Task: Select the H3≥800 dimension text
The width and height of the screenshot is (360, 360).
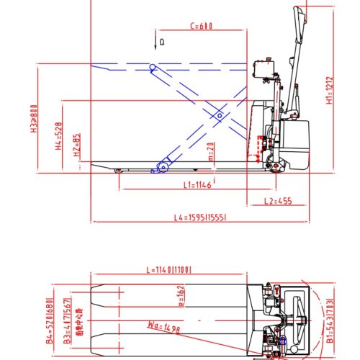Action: [33, 121]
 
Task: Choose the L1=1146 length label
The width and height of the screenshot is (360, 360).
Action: [197, 185]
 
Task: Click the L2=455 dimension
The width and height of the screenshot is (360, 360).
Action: [278, 201]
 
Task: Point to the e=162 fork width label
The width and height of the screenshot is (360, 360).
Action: [181, 297]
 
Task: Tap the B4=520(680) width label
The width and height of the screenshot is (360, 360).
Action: [51, 320]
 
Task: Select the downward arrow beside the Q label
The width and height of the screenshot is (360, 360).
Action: [155, 42]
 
